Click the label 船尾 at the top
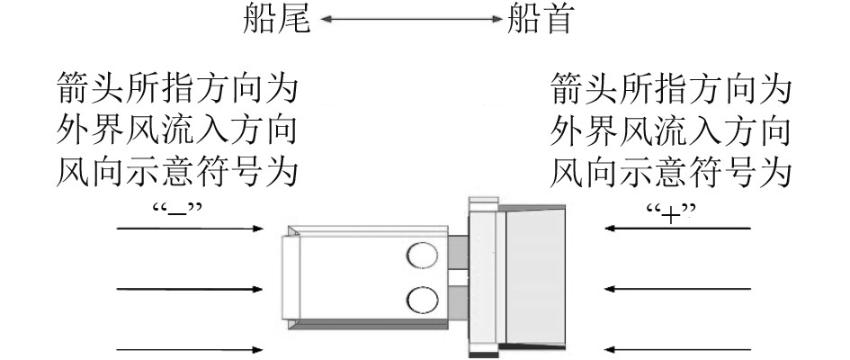click(x=276, y=20)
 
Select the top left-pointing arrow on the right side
click(x=677, y=229)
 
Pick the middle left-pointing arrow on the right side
click(x=677, y=289)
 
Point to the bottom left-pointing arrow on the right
click(x=677, y=348)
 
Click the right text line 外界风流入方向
click(x=671, y=131)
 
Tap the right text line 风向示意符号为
click(x=671, y=172)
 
